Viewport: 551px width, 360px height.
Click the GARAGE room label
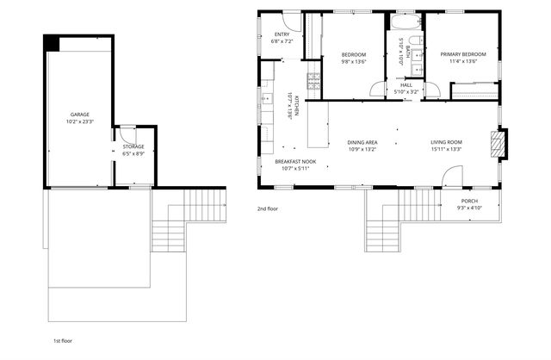[79, 115]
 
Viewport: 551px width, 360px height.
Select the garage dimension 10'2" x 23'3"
[79, 121]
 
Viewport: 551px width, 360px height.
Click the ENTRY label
[282, 34]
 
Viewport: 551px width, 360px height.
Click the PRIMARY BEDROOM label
[463, 55]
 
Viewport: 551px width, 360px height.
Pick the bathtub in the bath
[403, 22]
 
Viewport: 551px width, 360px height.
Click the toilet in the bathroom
[415, 42]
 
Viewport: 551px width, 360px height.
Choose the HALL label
[406, 84]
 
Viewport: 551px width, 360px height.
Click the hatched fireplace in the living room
[496, 144]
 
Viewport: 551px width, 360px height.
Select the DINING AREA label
[362, 142]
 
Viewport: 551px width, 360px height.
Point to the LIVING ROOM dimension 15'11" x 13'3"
[447, 149]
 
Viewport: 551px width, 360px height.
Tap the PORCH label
[470, 201]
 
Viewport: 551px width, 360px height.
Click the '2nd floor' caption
[267, 208]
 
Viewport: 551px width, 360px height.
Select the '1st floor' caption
[64, 341]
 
